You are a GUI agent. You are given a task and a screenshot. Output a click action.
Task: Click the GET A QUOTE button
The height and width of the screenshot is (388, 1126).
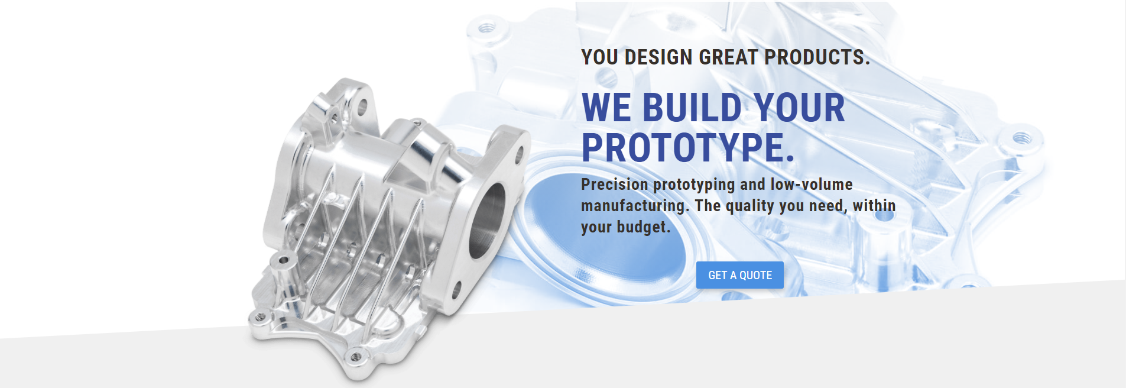[739, 275]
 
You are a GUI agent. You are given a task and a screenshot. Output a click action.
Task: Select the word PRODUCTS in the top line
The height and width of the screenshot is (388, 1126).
[817, 57]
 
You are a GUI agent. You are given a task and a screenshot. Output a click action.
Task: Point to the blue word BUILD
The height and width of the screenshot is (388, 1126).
[692, 108]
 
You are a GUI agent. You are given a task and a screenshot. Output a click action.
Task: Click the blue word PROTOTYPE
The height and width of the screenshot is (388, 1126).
[688, 148]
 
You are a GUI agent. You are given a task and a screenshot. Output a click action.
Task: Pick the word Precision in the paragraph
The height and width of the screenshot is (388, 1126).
[615, 185]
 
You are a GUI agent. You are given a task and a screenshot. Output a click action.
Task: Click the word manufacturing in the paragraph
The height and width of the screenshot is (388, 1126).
[635, 206]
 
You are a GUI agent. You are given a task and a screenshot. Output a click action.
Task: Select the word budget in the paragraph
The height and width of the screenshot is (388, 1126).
[644, 227]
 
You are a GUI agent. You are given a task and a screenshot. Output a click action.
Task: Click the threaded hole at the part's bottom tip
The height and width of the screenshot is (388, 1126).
[356, 357]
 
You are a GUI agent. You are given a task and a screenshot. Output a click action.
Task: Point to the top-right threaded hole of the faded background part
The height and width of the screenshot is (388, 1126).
[1022, 138]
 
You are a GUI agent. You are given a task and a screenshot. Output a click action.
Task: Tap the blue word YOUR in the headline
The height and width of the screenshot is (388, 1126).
[799, 108]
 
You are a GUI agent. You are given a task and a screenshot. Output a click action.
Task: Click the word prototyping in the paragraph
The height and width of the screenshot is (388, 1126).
[694, 185]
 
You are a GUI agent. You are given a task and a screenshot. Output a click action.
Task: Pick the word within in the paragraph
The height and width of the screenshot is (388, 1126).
[874, 206]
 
